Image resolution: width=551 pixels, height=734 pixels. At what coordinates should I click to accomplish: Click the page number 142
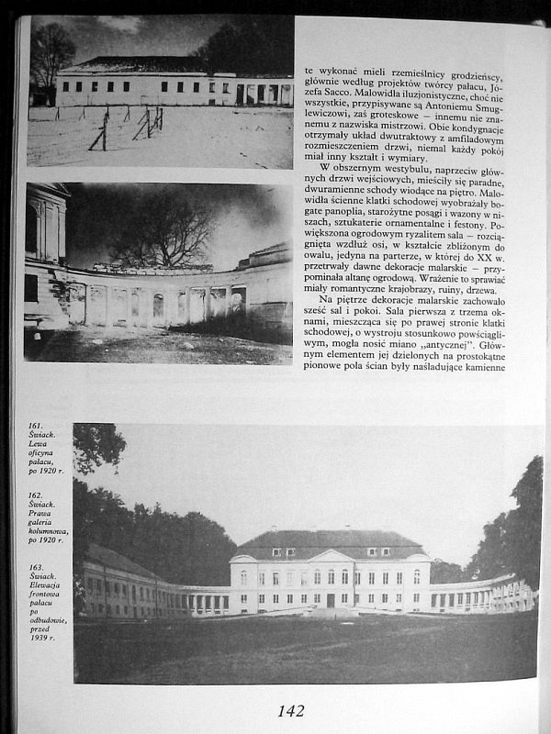click(290, 710)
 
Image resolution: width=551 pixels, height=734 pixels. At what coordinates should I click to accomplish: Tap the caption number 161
click(36, 426)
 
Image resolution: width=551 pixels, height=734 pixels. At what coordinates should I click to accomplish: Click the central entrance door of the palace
click(329, 600)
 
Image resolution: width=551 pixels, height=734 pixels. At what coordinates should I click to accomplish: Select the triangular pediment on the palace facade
click(330, 555)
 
